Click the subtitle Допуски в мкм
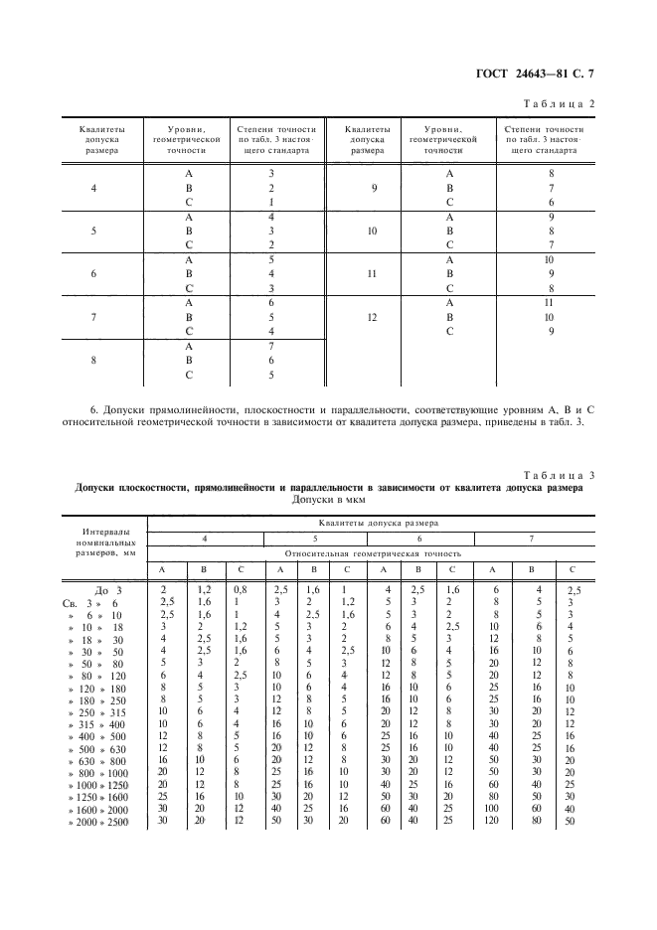[x=328, y=500]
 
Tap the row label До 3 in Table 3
[x=106, y=590]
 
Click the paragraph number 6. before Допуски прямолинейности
[x=94, y=409]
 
